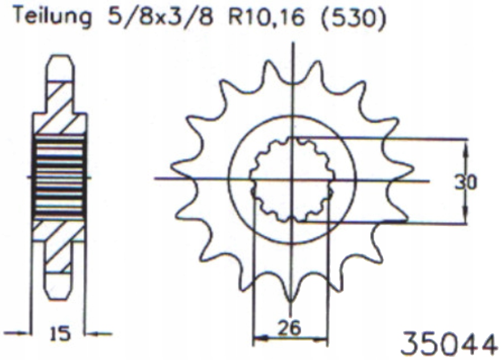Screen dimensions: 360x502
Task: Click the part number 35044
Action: (x=448, y=344)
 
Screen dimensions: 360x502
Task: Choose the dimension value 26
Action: (x=290, y=329)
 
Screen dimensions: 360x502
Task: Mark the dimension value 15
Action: (x=60, y=334)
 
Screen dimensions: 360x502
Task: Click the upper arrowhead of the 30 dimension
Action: (x=465, y=145)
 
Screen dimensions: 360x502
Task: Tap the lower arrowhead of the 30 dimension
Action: (x=465, y=217)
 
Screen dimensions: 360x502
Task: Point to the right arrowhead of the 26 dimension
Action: (x=322, y=337)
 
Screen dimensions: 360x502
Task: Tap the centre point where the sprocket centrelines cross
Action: (x=292, y=178)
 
